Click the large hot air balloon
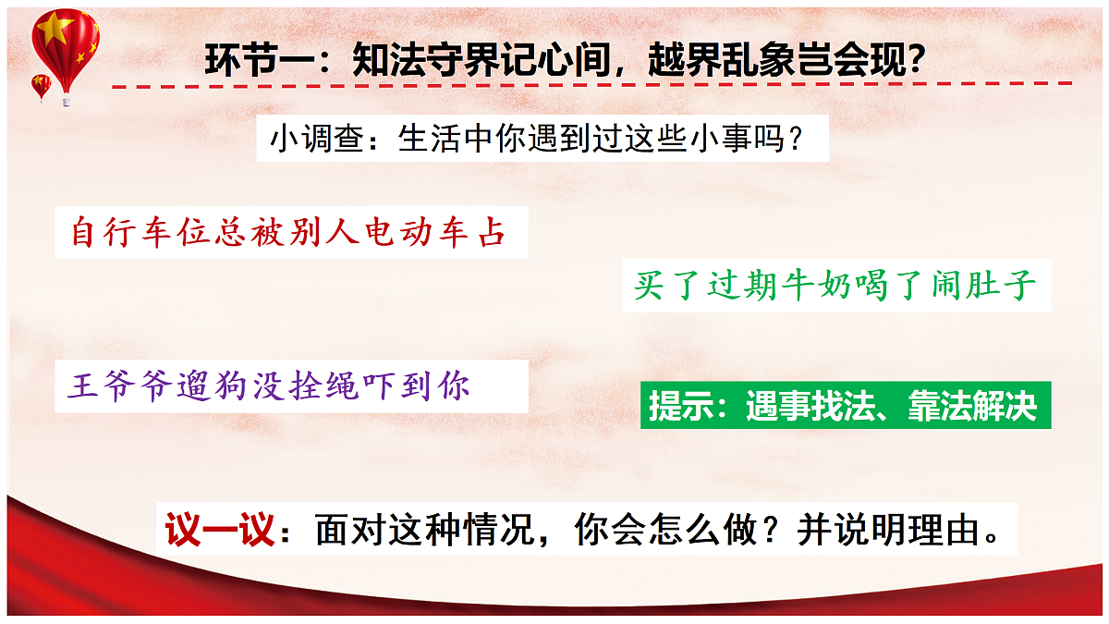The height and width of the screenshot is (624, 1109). point(65,46)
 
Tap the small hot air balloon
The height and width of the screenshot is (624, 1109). point(42,86)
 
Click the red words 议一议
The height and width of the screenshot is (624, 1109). point(220,530)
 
